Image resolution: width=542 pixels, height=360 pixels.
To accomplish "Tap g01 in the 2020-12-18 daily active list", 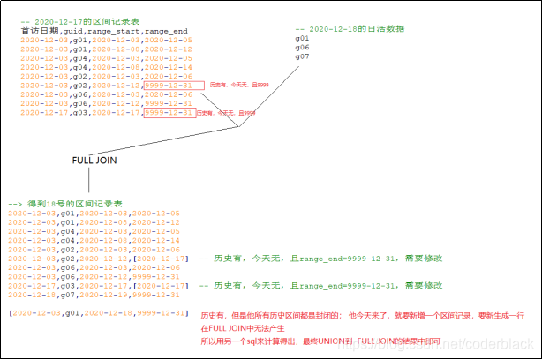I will tap(302, 39).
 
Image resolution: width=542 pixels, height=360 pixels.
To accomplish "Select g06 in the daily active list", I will tap(302, 48).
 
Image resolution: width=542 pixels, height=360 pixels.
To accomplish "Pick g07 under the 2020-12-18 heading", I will tap(302, 57).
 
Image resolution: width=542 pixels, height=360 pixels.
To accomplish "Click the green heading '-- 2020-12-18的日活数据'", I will tap(350, 28).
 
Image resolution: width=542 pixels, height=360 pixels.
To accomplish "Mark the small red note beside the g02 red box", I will tap(239, 86).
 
